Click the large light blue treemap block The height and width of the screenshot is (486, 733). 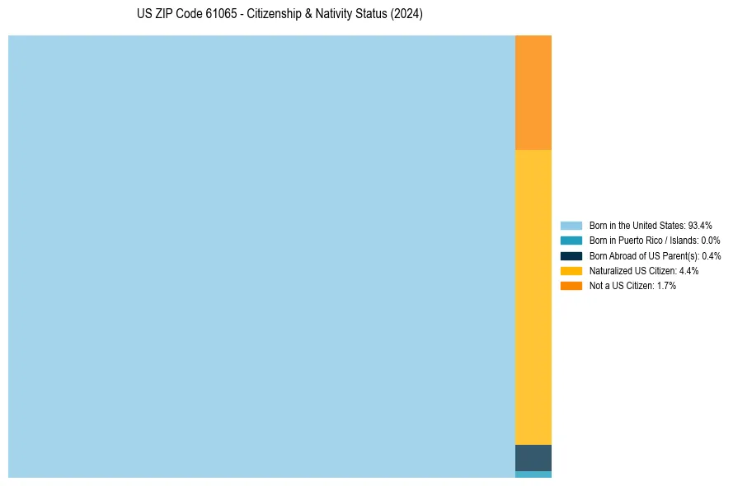click(x=261, y=256)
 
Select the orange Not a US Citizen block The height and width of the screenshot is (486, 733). click(x=533, y=92)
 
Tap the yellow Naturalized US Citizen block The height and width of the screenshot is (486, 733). click(x=533, y=297)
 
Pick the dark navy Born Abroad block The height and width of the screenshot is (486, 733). click(x=533, y=457)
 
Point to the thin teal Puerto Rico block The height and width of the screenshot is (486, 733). click(x=533, y=474)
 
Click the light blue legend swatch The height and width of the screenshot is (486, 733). click(x=571, y=225)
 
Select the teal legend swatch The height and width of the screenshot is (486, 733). click(x=571, y=241)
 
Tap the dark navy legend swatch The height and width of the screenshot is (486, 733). click(x=571, y=255)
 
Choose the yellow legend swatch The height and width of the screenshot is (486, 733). click(x=571, y=270)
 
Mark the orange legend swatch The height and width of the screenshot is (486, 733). click(x=571, y=286)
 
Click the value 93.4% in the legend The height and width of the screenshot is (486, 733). click(x=700, y=225)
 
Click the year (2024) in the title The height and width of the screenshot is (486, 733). click(x=406, y=15)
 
